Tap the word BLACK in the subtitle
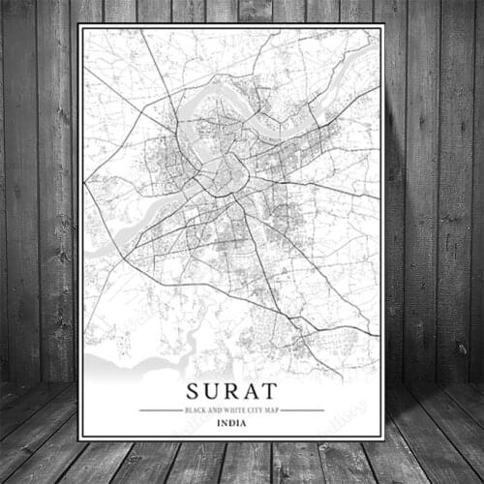[x=195, y=409]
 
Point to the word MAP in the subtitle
[x=272, y=409]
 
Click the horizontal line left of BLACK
[x=161, y=409]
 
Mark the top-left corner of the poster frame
[x=79, y=25]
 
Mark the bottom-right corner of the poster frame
[x=384, y=439]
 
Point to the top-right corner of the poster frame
[x=384, y=25]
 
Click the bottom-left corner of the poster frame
[x=79, y=439]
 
